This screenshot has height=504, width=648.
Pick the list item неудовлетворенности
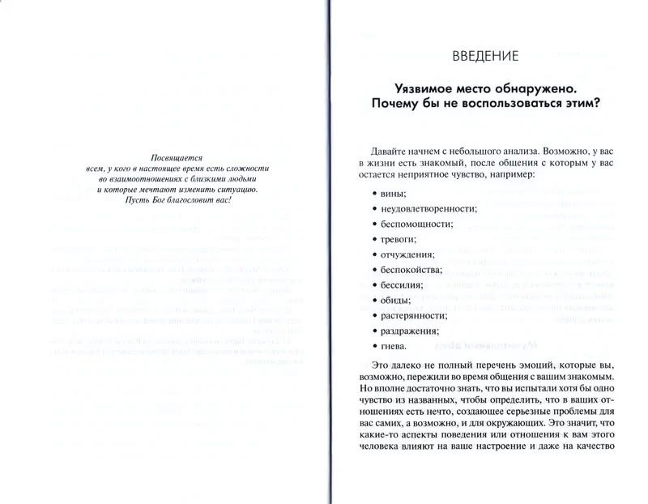pyautogui.click(x=423, y=208)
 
